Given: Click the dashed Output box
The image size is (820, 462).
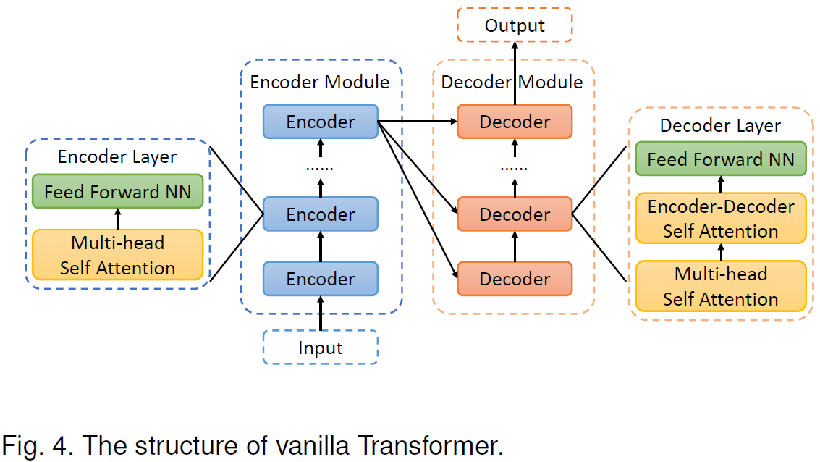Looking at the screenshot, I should click(515, 25).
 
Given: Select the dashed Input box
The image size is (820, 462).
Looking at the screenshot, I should click(320, 348).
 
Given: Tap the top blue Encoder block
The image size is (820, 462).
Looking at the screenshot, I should click(320, 122).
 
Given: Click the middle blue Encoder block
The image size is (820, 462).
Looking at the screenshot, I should click(320, 214).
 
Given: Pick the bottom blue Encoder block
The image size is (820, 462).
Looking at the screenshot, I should click(320, 279).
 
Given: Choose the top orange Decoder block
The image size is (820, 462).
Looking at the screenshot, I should click(515, 122).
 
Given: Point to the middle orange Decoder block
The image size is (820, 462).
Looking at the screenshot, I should click(515, 214).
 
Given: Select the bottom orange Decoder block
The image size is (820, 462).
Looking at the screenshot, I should click(515, 279).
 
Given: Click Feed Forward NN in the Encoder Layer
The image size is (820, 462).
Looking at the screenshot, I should click(117, 192).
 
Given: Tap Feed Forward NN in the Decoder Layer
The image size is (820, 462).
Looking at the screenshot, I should click(720, 159).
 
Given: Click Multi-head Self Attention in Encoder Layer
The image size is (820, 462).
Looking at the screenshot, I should click(117, 255).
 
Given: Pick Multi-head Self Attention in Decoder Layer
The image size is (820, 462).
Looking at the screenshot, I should click(720, 286).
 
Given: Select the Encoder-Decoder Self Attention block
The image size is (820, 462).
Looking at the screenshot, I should click(720, 219).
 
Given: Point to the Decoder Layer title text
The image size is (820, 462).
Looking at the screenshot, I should click(720, 125).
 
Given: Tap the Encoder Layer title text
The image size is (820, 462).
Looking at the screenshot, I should click(117, 157).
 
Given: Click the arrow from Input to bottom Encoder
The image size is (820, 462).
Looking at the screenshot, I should click(320, 313).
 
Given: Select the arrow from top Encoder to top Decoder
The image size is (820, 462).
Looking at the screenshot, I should click(418, 122).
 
